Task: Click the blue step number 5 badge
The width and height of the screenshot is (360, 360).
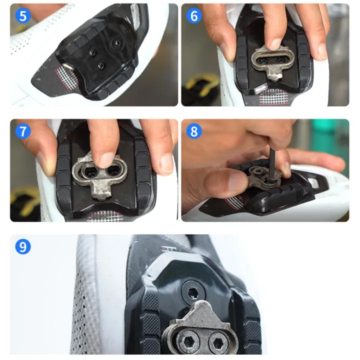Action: click(x=23, y=16)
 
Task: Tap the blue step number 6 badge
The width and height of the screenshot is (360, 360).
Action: click(x=194, y=16)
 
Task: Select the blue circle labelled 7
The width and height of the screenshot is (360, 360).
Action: click(x=23, y=131)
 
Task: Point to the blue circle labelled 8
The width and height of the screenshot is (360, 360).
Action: click(x=194, y=131)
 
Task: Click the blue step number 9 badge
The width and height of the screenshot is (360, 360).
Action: click(x=23, y=246)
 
